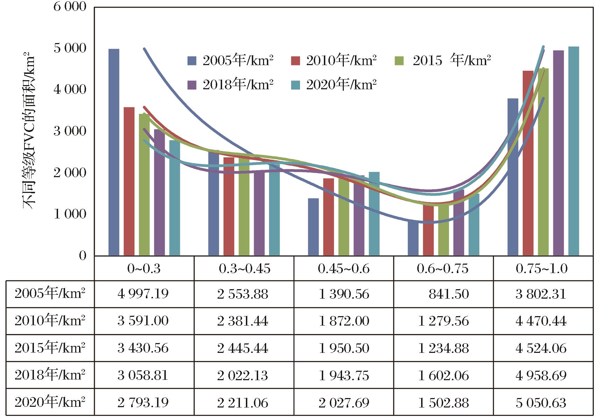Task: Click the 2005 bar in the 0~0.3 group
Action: click(x=114, y=152)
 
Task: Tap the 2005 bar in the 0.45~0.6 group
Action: click(x=313, y=227)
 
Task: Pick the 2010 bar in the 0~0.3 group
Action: click(x=129, y=181)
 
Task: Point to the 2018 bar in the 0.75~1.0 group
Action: click(x=559, y=153)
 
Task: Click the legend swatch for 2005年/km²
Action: click(x=192, y=61)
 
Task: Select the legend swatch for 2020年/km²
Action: click(x=296, y=85)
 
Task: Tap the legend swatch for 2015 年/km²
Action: click(x=399, y=61)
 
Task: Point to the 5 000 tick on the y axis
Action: click(x=70, y=48)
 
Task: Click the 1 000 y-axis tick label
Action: click(x=70, y=214)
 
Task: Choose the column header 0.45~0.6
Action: click(x=343, y=269)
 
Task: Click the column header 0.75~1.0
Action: click(x=541, y=269)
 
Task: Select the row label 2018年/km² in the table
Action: click(x=50, y=375)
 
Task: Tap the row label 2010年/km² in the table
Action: click(x=50, y=321)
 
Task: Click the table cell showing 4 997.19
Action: click(x=143, y=294)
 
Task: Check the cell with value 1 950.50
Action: click(x=344, y=348)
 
